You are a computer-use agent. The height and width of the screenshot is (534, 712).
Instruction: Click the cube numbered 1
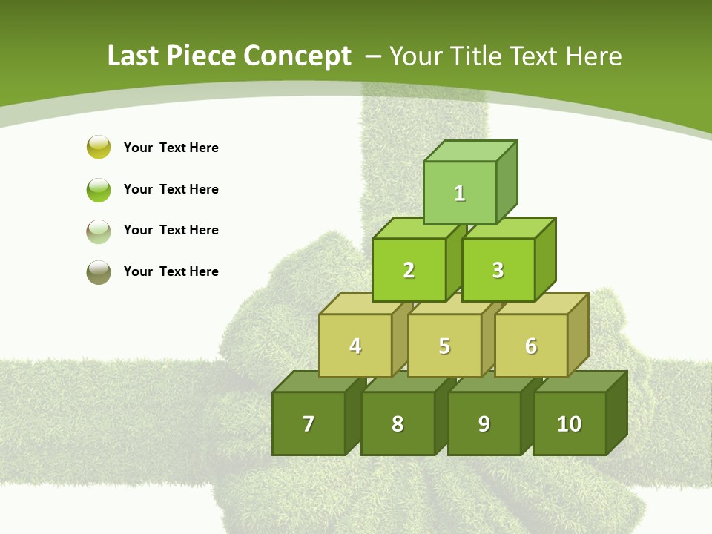(x=460, y=193)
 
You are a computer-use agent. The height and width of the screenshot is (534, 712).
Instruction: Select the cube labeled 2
(x=409, y=270)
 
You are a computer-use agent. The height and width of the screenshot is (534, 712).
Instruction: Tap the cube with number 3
(x=498, y=270)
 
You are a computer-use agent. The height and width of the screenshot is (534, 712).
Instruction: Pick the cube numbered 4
(x=355, y=346)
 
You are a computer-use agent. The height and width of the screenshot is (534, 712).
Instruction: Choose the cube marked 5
(x=444, y=346)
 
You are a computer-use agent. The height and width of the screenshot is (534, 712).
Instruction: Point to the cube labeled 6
(x=531, y=346)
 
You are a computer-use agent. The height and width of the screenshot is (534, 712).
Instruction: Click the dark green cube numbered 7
(x=309, y=423)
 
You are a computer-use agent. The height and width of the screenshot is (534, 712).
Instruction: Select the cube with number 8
(x=398, y=423)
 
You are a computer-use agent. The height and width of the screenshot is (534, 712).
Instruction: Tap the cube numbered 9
(x=484, y=423)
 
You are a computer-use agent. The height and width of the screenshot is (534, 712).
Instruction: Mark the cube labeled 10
(x=570, y=423)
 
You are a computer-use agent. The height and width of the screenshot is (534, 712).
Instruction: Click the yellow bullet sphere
(x=99, y=147)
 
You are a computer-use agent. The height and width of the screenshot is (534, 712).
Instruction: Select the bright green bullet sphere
(x=99, y=189)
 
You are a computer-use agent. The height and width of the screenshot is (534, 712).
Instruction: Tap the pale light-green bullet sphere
(x=99, y=231)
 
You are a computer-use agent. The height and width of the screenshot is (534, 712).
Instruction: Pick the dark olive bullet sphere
(x=99, y=272)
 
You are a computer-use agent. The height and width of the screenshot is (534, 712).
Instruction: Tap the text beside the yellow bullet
(x=171, y=148)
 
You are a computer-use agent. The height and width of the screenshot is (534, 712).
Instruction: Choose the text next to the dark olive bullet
(x=171, y=271)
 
